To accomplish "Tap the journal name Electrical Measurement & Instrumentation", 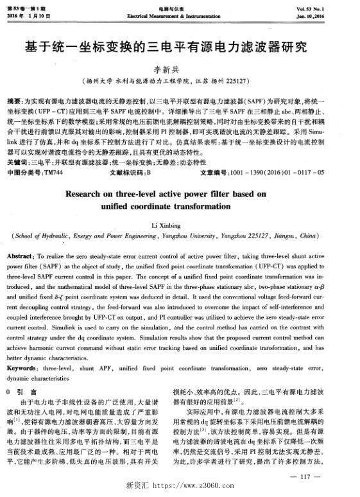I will (x=179, y=14).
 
